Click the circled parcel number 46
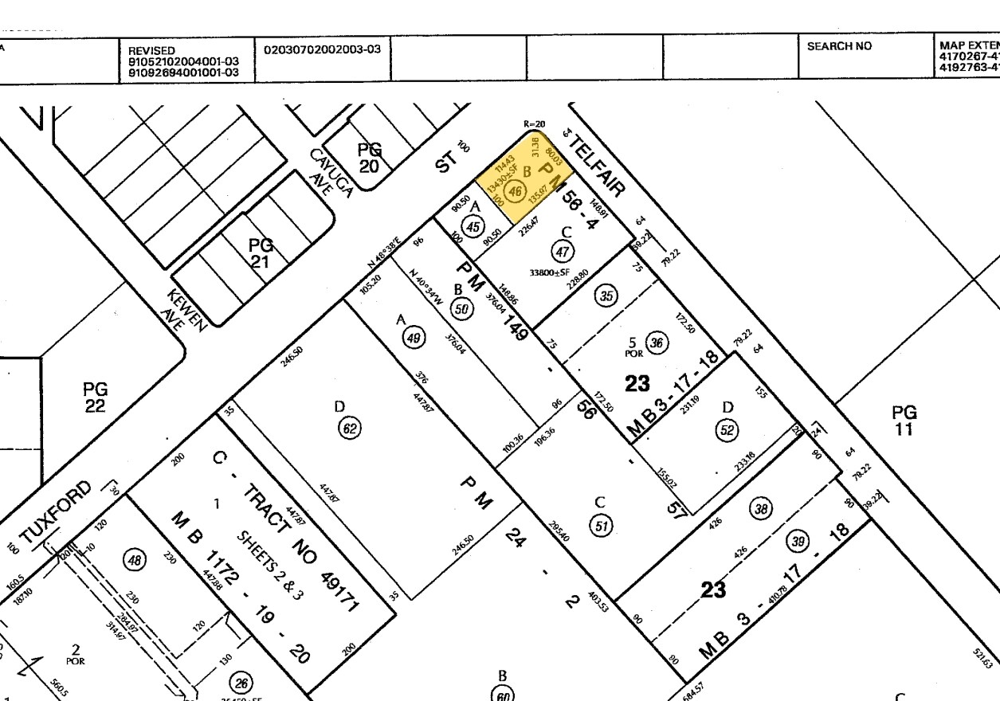coord(516,191)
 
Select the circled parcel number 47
coord(565,253)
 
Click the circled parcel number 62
coord(349,428)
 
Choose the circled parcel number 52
coord(727,429)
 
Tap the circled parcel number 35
coord(607,297)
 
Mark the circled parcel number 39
coord(798,542)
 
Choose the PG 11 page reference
coord(904,419)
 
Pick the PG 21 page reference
coord(261,253)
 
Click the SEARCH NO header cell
coord(839,46)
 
